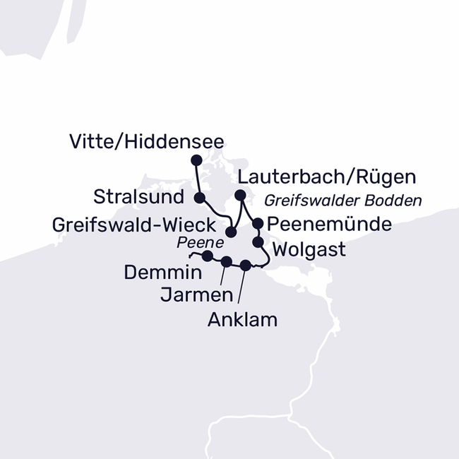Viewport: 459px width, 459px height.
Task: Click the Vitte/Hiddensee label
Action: click(147, 142)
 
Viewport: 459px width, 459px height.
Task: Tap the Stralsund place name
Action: click(138, 195)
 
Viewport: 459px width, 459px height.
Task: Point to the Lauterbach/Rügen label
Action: click(327, 177)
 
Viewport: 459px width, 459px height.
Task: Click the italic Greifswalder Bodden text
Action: click(342, 201)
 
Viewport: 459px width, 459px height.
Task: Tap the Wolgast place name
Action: click(309, 249)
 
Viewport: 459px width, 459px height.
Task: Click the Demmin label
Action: click(162, 272)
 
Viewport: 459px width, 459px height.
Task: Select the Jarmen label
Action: click(187, 294)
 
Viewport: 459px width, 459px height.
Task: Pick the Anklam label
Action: click(242, 320)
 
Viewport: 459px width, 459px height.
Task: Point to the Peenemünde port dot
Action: click(258, 223)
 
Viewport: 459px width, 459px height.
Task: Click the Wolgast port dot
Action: click(258, 242)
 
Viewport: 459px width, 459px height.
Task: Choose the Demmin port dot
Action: click(207, 256)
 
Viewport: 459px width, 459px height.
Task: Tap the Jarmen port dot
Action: click(226, 262)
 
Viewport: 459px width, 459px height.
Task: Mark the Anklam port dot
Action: click(245, 266)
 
